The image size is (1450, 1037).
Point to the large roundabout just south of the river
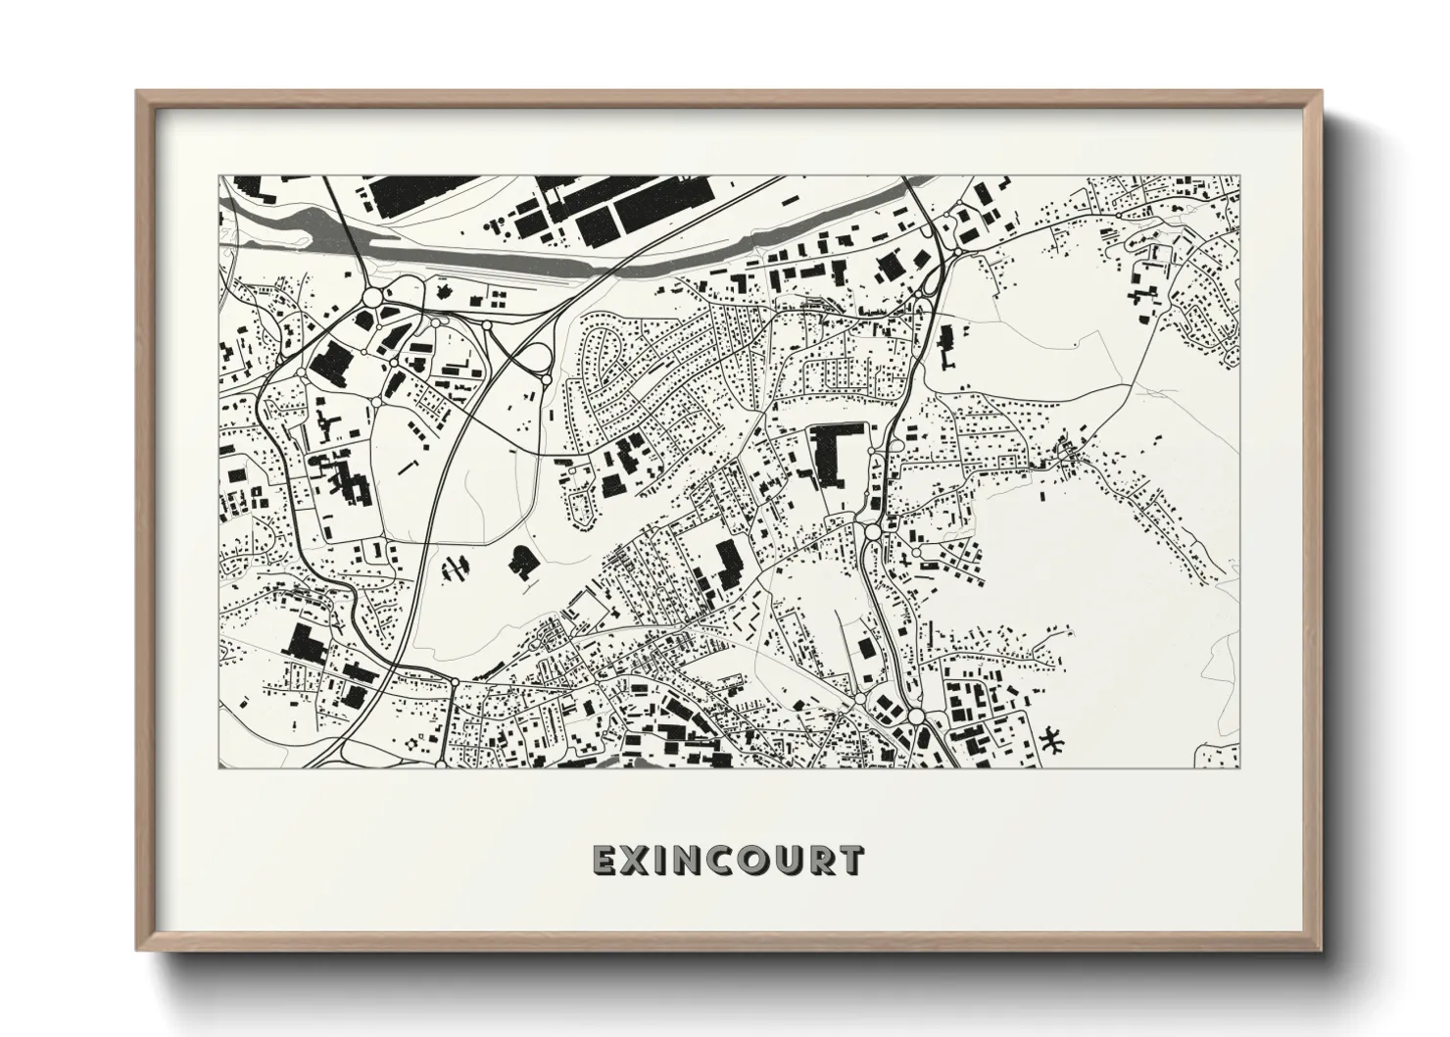372,297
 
